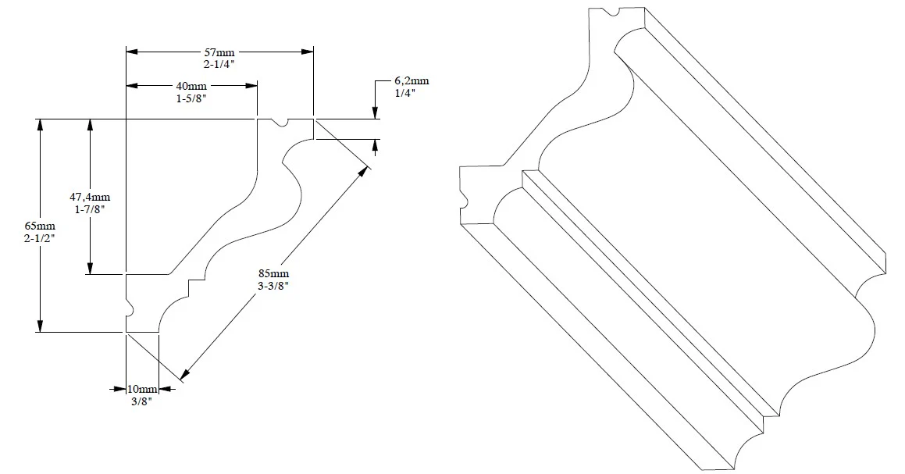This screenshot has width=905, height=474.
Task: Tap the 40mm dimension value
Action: (192, 85)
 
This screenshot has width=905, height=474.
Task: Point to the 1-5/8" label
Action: (192, 98)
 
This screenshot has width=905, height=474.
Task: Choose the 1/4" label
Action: (405, 93)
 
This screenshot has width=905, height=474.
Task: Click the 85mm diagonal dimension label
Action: (274, 273)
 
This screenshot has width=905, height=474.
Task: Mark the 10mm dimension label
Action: (144, 389)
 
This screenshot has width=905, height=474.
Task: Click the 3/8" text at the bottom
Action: (141, 401)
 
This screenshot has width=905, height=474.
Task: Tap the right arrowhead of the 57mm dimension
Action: (308, 52)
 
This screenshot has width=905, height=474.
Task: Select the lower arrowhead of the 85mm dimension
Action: (185, 377)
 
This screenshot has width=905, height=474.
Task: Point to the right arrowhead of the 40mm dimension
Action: (252, 85)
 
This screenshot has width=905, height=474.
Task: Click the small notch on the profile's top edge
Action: (284, 123)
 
